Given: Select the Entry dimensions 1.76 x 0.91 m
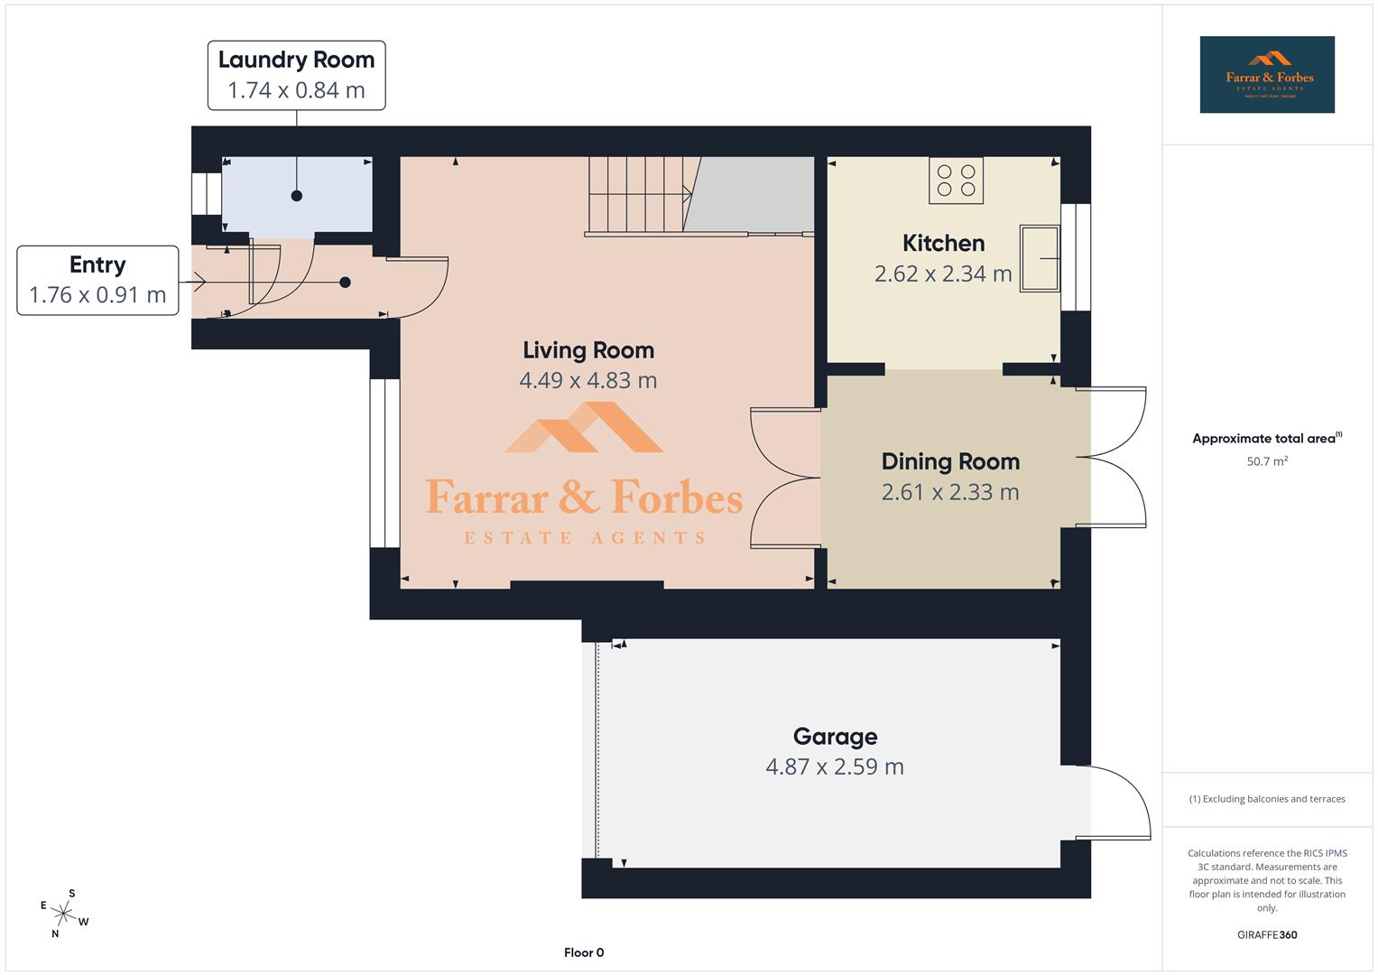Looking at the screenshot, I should coord(97,295).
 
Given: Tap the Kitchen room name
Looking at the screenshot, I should coord(943,243).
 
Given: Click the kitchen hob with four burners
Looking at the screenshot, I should coord(956,180).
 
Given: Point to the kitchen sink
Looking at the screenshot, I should coord(1039,258).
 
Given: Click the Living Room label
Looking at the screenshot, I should coord(588,350).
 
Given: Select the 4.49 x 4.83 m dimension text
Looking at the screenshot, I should coord(588,380).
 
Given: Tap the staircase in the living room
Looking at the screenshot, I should coord(639,195).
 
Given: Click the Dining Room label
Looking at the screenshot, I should coord(950,461).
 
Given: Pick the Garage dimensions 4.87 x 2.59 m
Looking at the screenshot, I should coord(835,766).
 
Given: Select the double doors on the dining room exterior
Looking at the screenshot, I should coord(1115,458).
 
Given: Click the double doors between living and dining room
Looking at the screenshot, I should coord(785,478).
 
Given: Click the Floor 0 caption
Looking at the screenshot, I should coord(584,952).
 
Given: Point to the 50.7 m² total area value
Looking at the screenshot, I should coord(1267,461).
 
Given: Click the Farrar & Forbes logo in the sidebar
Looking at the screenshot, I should coord(1267,75).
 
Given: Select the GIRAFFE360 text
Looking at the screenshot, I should coord(1267,934).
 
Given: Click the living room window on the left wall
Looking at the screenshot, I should coord(385,463).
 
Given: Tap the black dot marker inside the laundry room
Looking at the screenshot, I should coord(296,196).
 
